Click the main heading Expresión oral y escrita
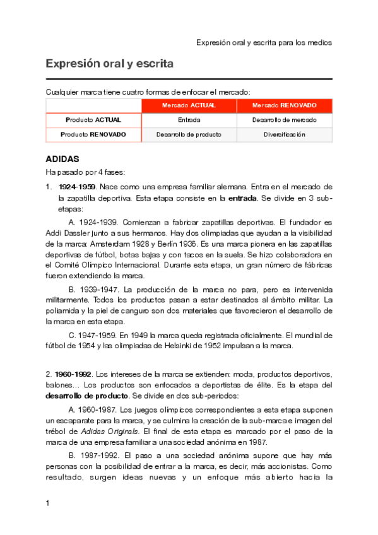[109, 64]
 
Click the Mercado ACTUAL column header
[189, 105]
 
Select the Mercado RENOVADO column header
[284, 105]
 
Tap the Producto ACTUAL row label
[93, 119]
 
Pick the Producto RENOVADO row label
[93, 134]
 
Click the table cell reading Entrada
[189, 119]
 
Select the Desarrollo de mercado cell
[284, 119]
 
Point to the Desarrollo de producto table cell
[189, 134]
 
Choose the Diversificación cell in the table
[284, 134]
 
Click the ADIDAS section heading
[62, 159]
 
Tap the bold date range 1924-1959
[76, 187]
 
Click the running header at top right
[264, 43]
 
